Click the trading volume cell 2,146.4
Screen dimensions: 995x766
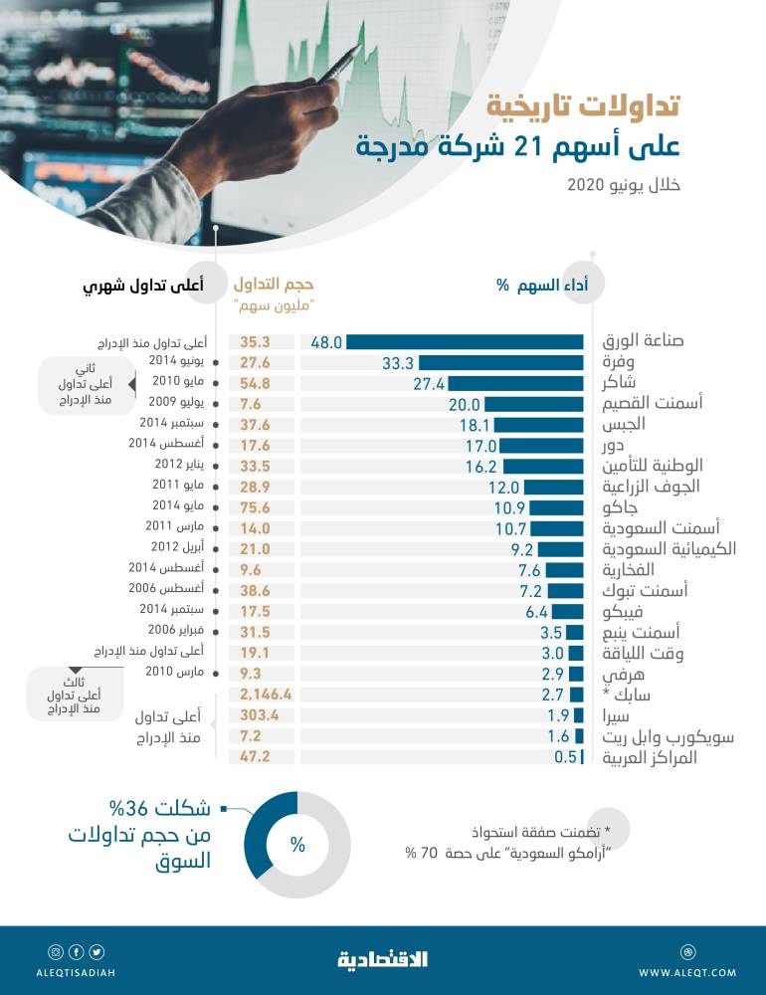tap(264, 695)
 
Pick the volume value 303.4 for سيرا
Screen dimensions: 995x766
tap(264, 715)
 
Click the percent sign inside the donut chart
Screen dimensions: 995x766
tap(296, 845)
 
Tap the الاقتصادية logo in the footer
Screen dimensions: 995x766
tap(383, 959)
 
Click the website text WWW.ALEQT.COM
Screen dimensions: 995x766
tap(687, 972)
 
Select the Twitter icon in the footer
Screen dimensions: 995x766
tap(97, 951)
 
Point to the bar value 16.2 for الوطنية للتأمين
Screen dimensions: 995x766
tap(481, 466)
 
